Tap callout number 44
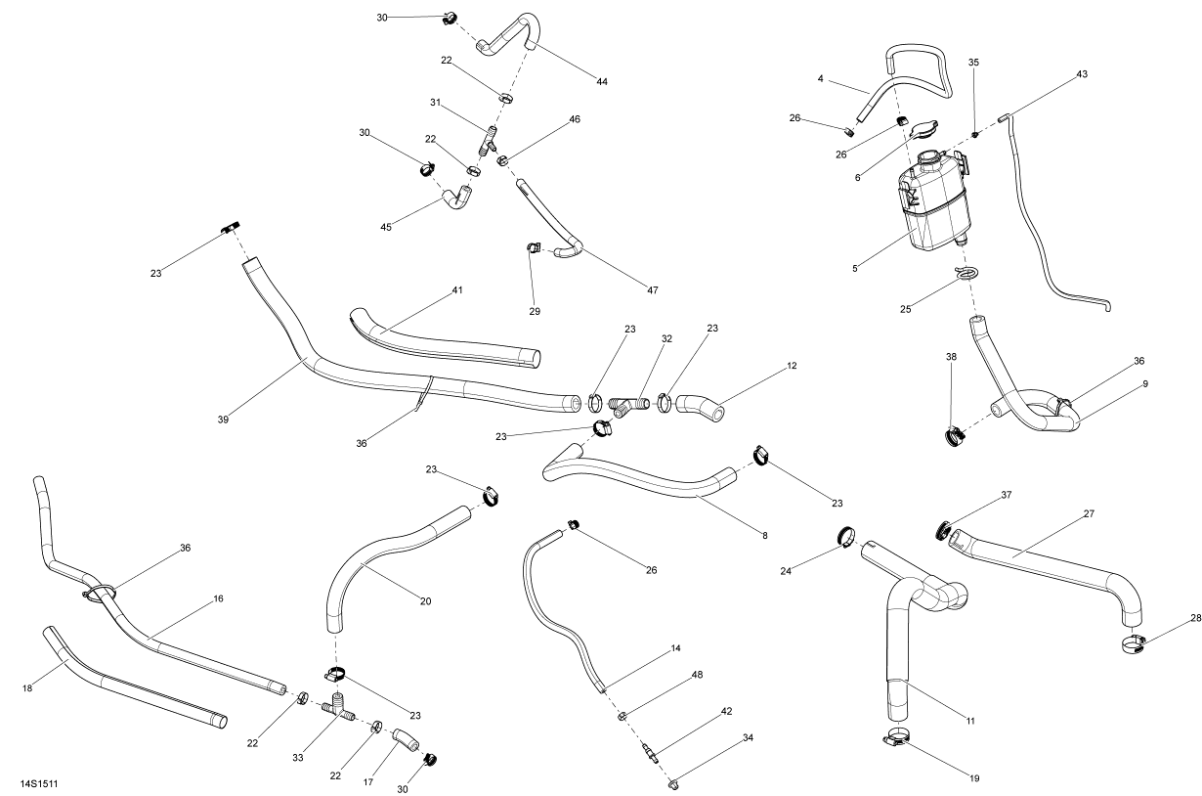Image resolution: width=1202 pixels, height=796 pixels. coord(602,81)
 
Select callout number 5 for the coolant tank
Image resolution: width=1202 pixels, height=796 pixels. coord(854,266)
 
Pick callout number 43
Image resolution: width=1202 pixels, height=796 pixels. coord(1082,74)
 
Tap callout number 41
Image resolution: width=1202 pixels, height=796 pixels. coord(456,291)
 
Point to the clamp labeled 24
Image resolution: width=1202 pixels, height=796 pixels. coord(846,536)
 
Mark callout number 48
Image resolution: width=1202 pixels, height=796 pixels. coord(698,675)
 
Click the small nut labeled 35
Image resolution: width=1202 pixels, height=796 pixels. coord(975,134)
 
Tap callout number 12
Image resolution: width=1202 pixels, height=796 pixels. coord(792,366)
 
